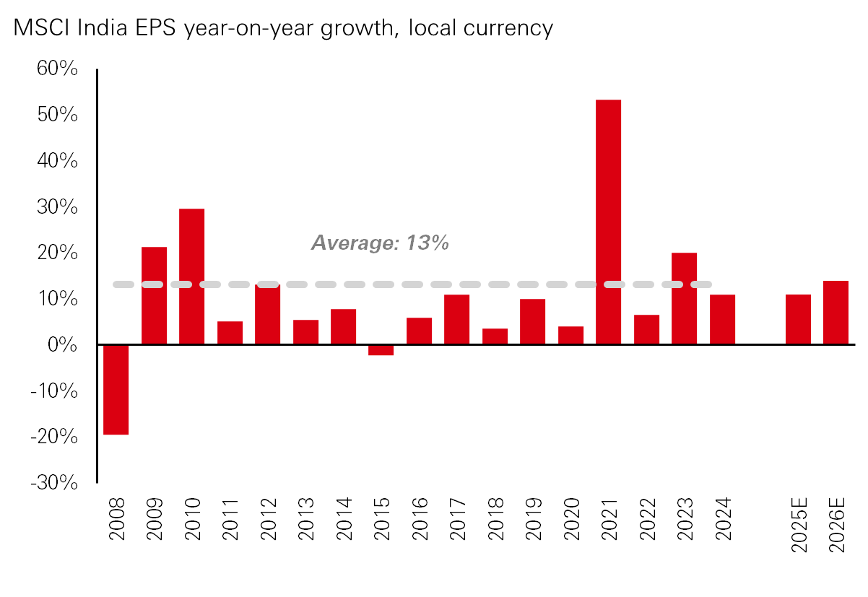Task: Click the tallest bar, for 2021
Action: pos(608,222)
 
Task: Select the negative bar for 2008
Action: pos(116,389)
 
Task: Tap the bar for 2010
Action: pos(191,276)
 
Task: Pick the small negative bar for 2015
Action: pos(381,350)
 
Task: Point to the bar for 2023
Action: pos(684,298)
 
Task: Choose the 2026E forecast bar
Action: pos(836,313)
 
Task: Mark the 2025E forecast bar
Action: pos(798,319)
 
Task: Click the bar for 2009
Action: pos(154,295)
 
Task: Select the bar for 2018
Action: pos(495,336)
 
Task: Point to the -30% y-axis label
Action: pos(53,482)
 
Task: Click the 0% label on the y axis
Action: pos(62,345)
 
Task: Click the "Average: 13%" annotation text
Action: pos(381,243)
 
